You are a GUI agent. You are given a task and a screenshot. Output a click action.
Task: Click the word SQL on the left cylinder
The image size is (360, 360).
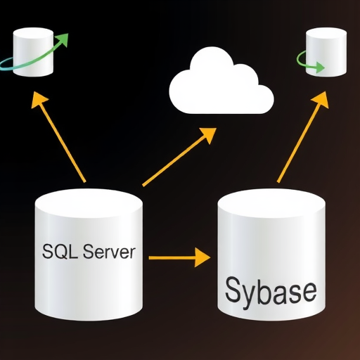click(60, 251)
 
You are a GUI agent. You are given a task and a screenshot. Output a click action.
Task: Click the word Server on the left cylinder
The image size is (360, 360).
click(109, 252)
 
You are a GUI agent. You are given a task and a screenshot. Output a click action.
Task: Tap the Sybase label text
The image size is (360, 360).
click(271, 290)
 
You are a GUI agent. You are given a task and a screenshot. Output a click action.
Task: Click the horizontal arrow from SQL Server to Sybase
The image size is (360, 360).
click(179, 257)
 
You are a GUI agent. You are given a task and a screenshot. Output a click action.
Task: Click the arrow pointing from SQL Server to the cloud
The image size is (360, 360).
click(179, 157)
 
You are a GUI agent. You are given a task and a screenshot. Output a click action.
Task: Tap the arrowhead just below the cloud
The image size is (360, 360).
click(209, 135)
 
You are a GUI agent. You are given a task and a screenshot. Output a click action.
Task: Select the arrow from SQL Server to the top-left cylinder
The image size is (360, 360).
click(58, 136)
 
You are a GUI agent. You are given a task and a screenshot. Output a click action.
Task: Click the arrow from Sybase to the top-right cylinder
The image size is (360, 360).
click(303, 136)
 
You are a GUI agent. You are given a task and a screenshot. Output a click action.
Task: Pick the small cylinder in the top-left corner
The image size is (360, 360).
click(33, 52)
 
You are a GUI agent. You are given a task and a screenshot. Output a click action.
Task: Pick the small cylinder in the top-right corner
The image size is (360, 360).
click(326, 52)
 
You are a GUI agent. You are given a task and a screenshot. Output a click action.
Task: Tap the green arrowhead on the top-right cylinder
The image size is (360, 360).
click(319, 67)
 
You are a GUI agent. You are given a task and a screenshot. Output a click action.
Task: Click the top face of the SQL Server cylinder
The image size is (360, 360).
click(89, 202)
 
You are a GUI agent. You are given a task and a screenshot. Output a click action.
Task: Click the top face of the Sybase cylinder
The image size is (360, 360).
click(271, 202)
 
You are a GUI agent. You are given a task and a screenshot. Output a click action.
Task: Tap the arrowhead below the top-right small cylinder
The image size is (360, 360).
click(321, 99)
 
